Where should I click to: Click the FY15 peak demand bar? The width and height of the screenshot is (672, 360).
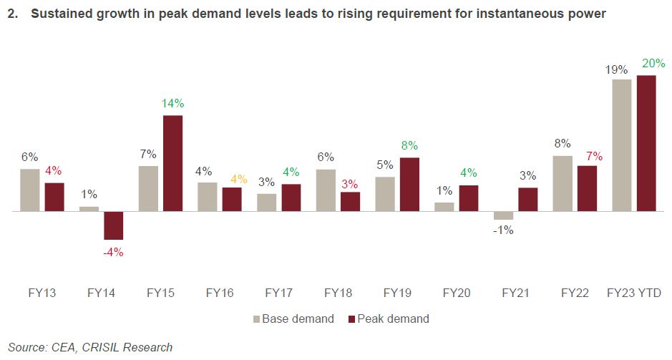(172, 163)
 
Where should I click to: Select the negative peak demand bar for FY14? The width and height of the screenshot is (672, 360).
(113, 225)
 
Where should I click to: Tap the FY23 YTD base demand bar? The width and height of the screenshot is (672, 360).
(622, 145)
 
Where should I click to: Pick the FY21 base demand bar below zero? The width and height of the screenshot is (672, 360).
(503, 215)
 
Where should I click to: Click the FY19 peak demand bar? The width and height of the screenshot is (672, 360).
(409, 185)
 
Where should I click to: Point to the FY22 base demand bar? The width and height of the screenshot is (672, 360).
(563, 184)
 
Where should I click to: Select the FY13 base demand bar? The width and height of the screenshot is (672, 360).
(30, 190)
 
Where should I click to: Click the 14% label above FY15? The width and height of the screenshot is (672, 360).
(172, 103)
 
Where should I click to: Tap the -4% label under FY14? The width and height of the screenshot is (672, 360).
(113, 252)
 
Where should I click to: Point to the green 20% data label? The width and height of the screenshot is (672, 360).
(646, 64)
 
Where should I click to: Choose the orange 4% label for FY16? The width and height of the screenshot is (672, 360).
(238, 179)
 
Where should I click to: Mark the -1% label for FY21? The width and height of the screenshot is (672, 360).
(503, 230)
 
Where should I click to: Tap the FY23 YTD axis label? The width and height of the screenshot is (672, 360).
(633, 293)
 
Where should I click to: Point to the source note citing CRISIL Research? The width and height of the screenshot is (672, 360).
(90, 347)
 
